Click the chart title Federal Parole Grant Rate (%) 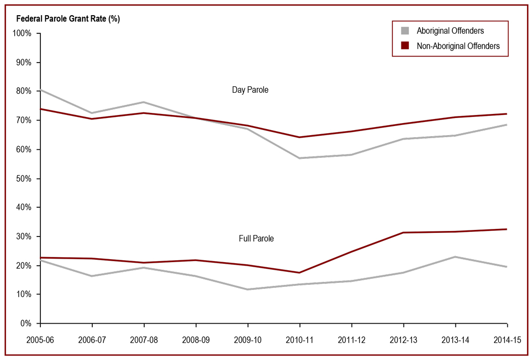click(x=68, y=19)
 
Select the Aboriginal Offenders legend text click(x=450, y=31)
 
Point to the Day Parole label click(x=250, y=90)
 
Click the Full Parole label click(x=256, y=238)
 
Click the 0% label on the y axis click(x=26, y=323)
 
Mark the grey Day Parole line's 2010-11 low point click(x=300, y=158)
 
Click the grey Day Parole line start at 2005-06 click(x=41, y=90)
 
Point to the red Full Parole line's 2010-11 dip click(x=300, y=273)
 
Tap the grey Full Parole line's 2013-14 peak click(x=455, y=257)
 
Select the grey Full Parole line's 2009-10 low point click(x=248, y=289)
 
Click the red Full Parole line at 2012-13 click(x=403, y=232)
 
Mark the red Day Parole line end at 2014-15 click(x=507, y=114)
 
